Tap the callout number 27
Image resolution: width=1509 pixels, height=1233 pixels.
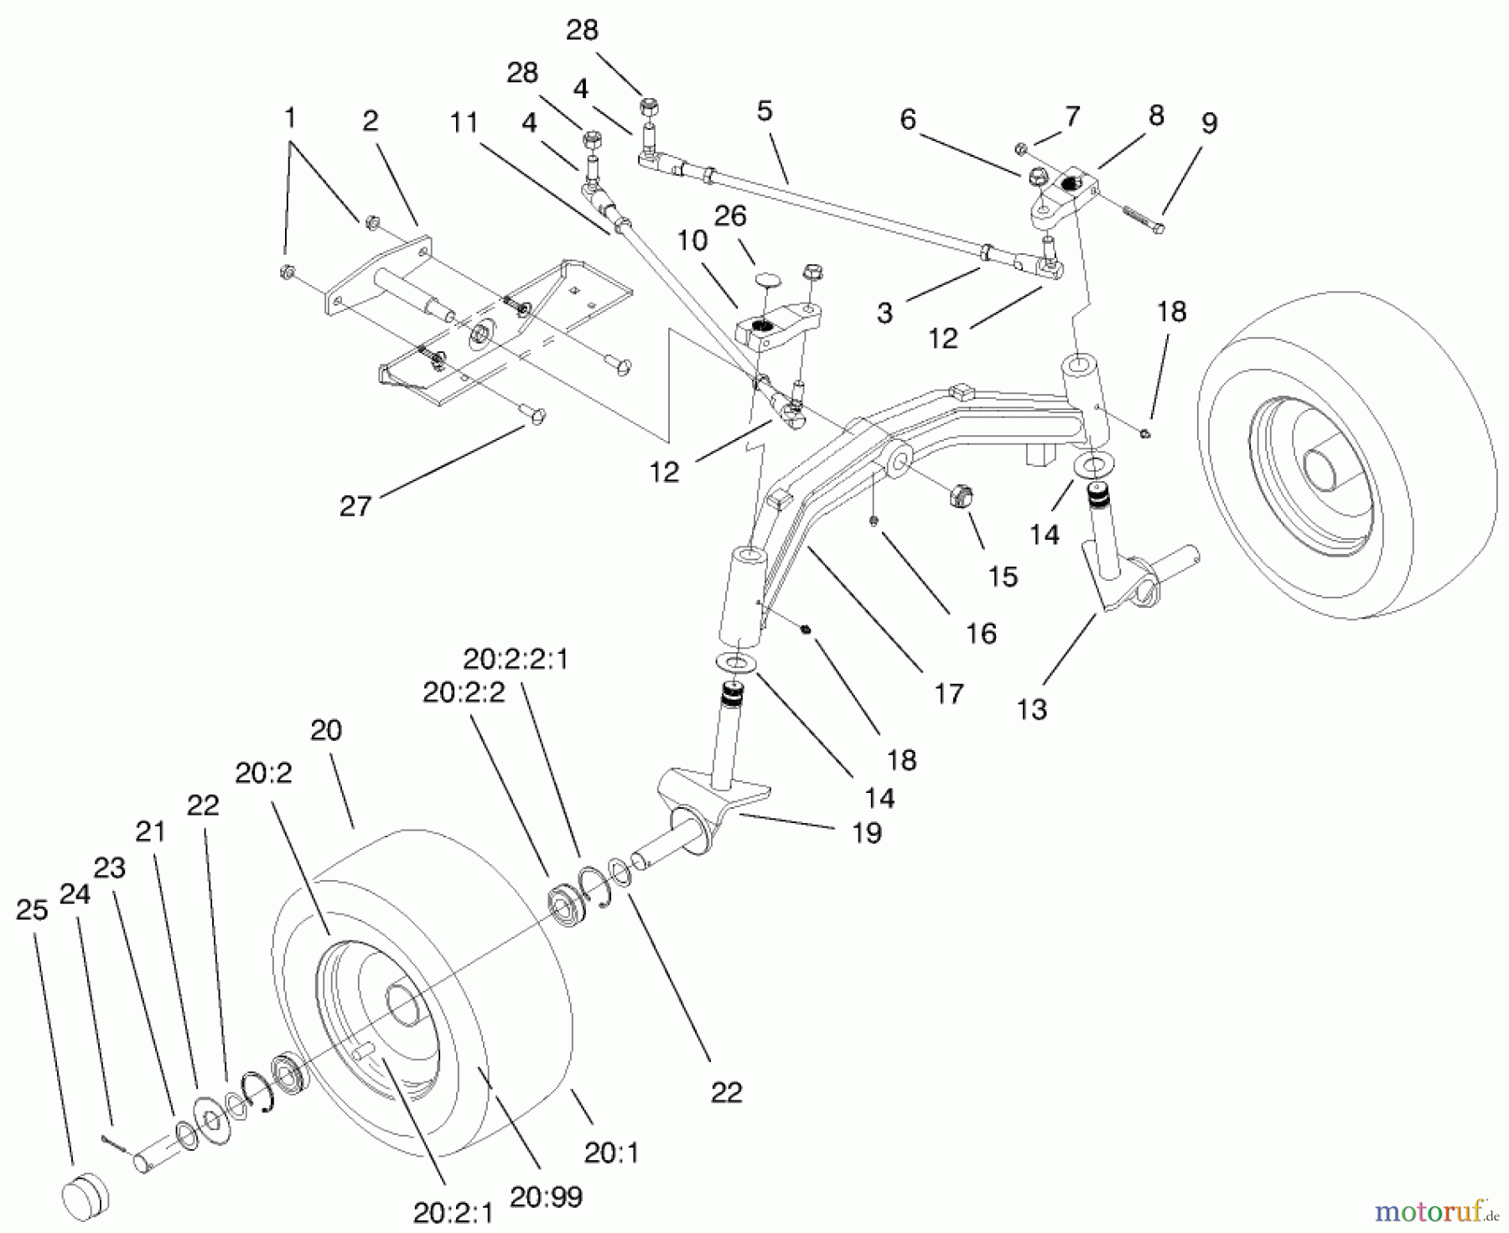coord(355,505)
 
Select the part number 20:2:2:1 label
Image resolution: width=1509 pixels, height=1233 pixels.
coord(516,660)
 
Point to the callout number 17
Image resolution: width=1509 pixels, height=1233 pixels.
coord(948,693)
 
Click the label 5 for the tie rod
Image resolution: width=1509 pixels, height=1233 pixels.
coord(764,111)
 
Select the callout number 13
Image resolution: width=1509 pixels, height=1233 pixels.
coord(1032,709)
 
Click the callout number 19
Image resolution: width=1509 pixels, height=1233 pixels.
coord(866,832)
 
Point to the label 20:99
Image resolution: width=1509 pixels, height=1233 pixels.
coord(546,1196)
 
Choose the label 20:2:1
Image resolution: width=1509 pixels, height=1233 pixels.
coord(453,1212)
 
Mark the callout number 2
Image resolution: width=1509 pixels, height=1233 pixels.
coord(370,122)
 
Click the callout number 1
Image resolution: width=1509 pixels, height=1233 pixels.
coord(290,118)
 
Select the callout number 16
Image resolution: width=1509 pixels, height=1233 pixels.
coord(980,633)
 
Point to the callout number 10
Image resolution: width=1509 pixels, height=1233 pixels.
coord(692,240)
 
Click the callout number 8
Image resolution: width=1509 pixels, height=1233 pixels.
coord(1156,116)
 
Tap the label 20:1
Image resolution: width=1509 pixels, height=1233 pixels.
coord(611,1153)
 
